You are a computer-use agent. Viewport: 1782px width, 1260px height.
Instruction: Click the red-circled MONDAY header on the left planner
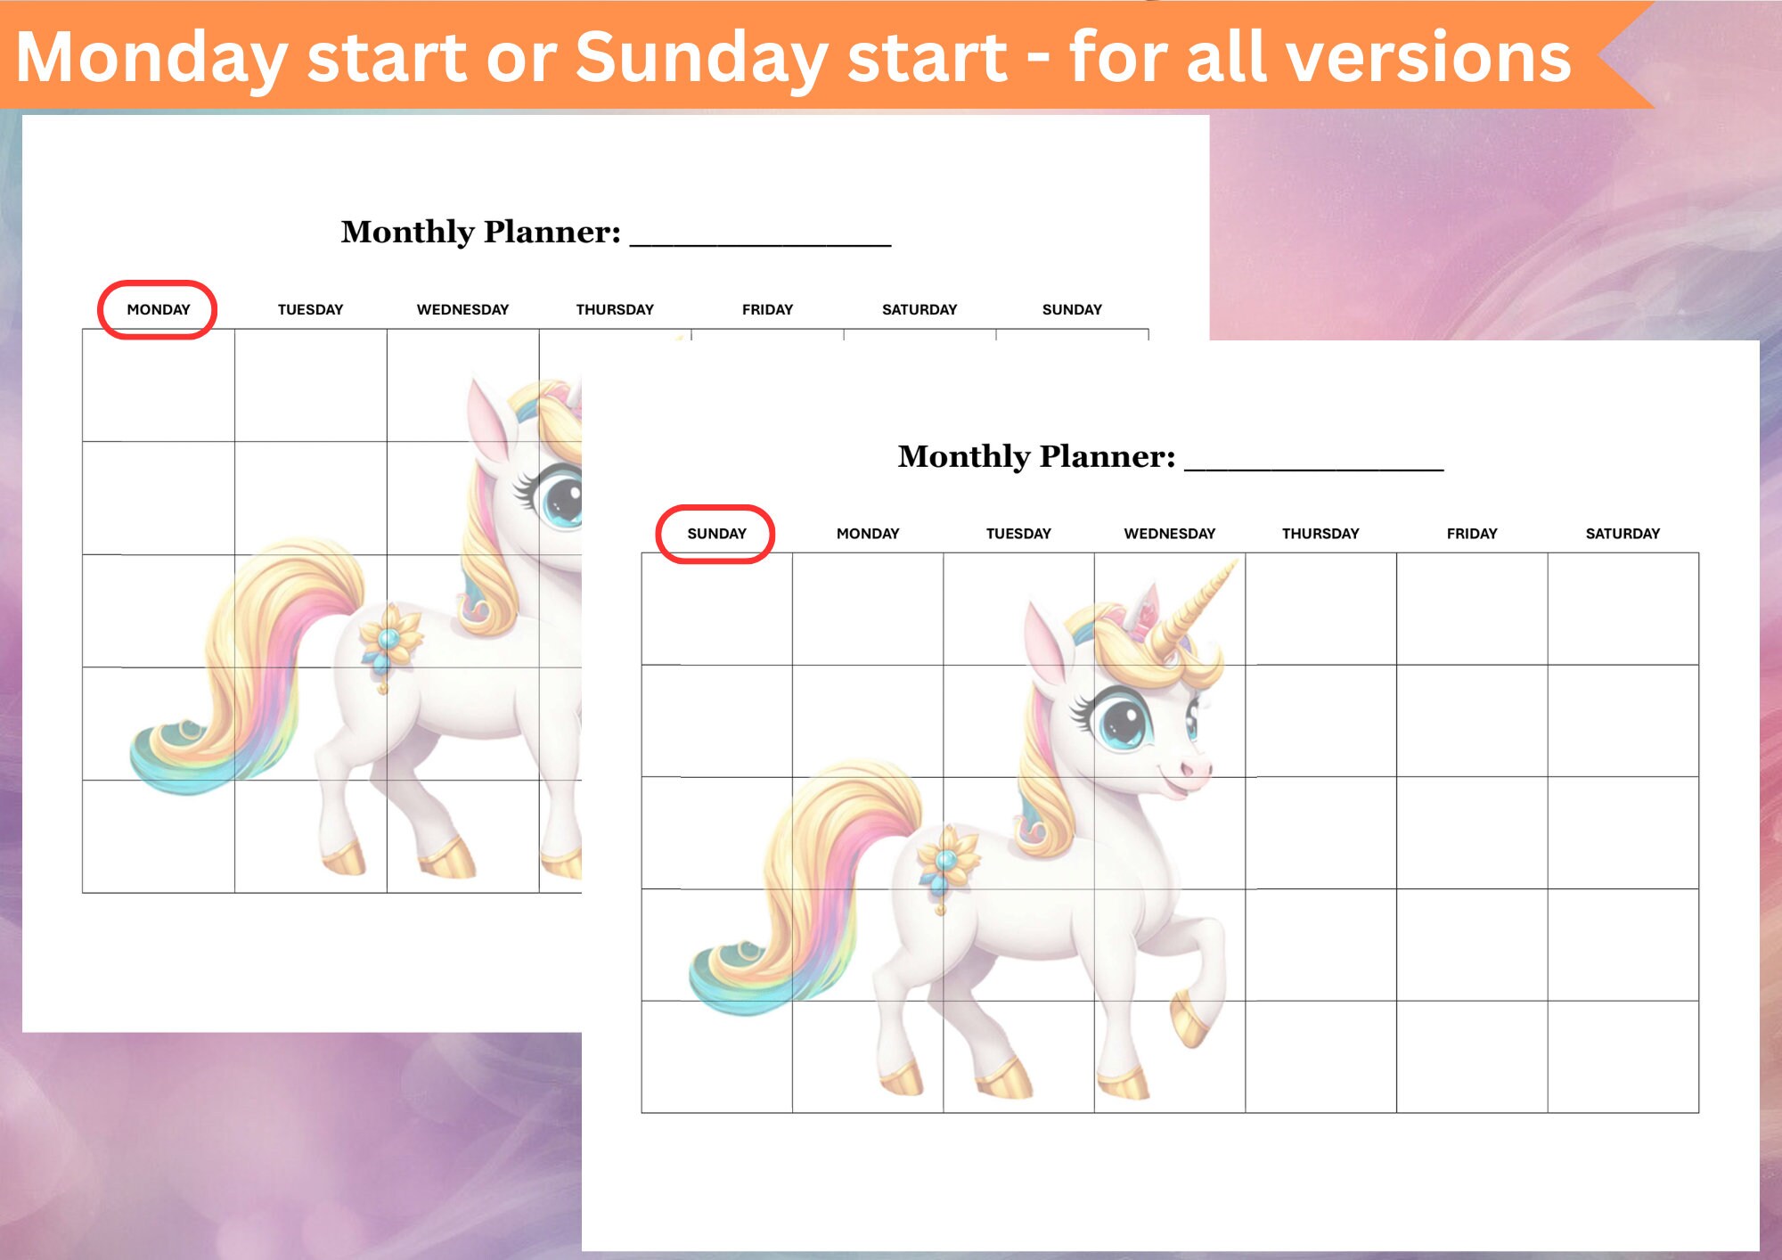[158, 309]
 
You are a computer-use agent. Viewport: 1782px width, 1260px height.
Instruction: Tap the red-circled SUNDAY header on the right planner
[716, 534]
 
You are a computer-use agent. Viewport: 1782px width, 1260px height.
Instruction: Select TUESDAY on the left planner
[310, 309]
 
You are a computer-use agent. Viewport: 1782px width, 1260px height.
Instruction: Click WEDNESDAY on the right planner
[1169, 534]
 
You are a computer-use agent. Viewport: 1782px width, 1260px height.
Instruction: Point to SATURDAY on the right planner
[1623, 534]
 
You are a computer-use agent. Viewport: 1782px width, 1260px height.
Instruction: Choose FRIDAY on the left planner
[767, 309]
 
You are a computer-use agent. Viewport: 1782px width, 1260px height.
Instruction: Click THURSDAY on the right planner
[1320, 534]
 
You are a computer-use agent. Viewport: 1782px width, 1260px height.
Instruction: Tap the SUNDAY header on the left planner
[1072, 309]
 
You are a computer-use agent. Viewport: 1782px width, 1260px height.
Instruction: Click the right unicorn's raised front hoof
[1189, 1020]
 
